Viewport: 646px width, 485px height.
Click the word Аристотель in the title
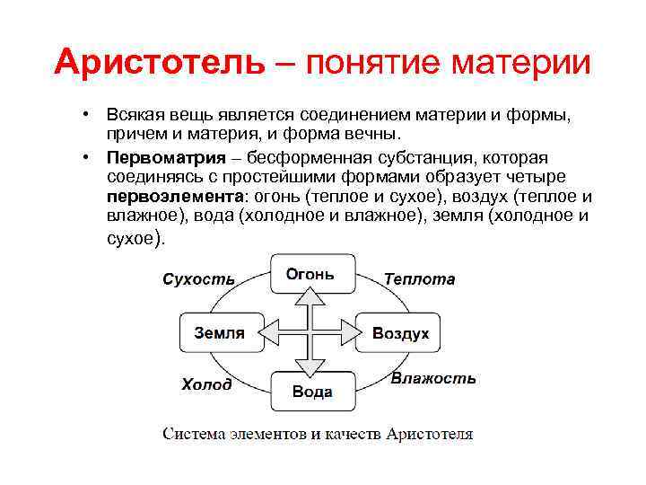pos(160,63)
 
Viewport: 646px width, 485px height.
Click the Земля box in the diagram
pos(220,333)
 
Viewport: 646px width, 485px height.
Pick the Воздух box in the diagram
pos(400,333)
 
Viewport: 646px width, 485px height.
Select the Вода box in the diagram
pos(311,392)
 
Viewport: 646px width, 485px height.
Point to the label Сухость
pos(198,279)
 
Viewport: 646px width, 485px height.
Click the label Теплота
pos(419,279)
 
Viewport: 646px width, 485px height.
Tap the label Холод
pos(206,384)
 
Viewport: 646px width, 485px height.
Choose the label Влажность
pos(433,379)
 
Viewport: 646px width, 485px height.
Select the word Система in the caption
pos(191,435)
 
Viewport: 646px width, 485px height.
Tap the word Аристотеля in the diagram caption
pos(429,435)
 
